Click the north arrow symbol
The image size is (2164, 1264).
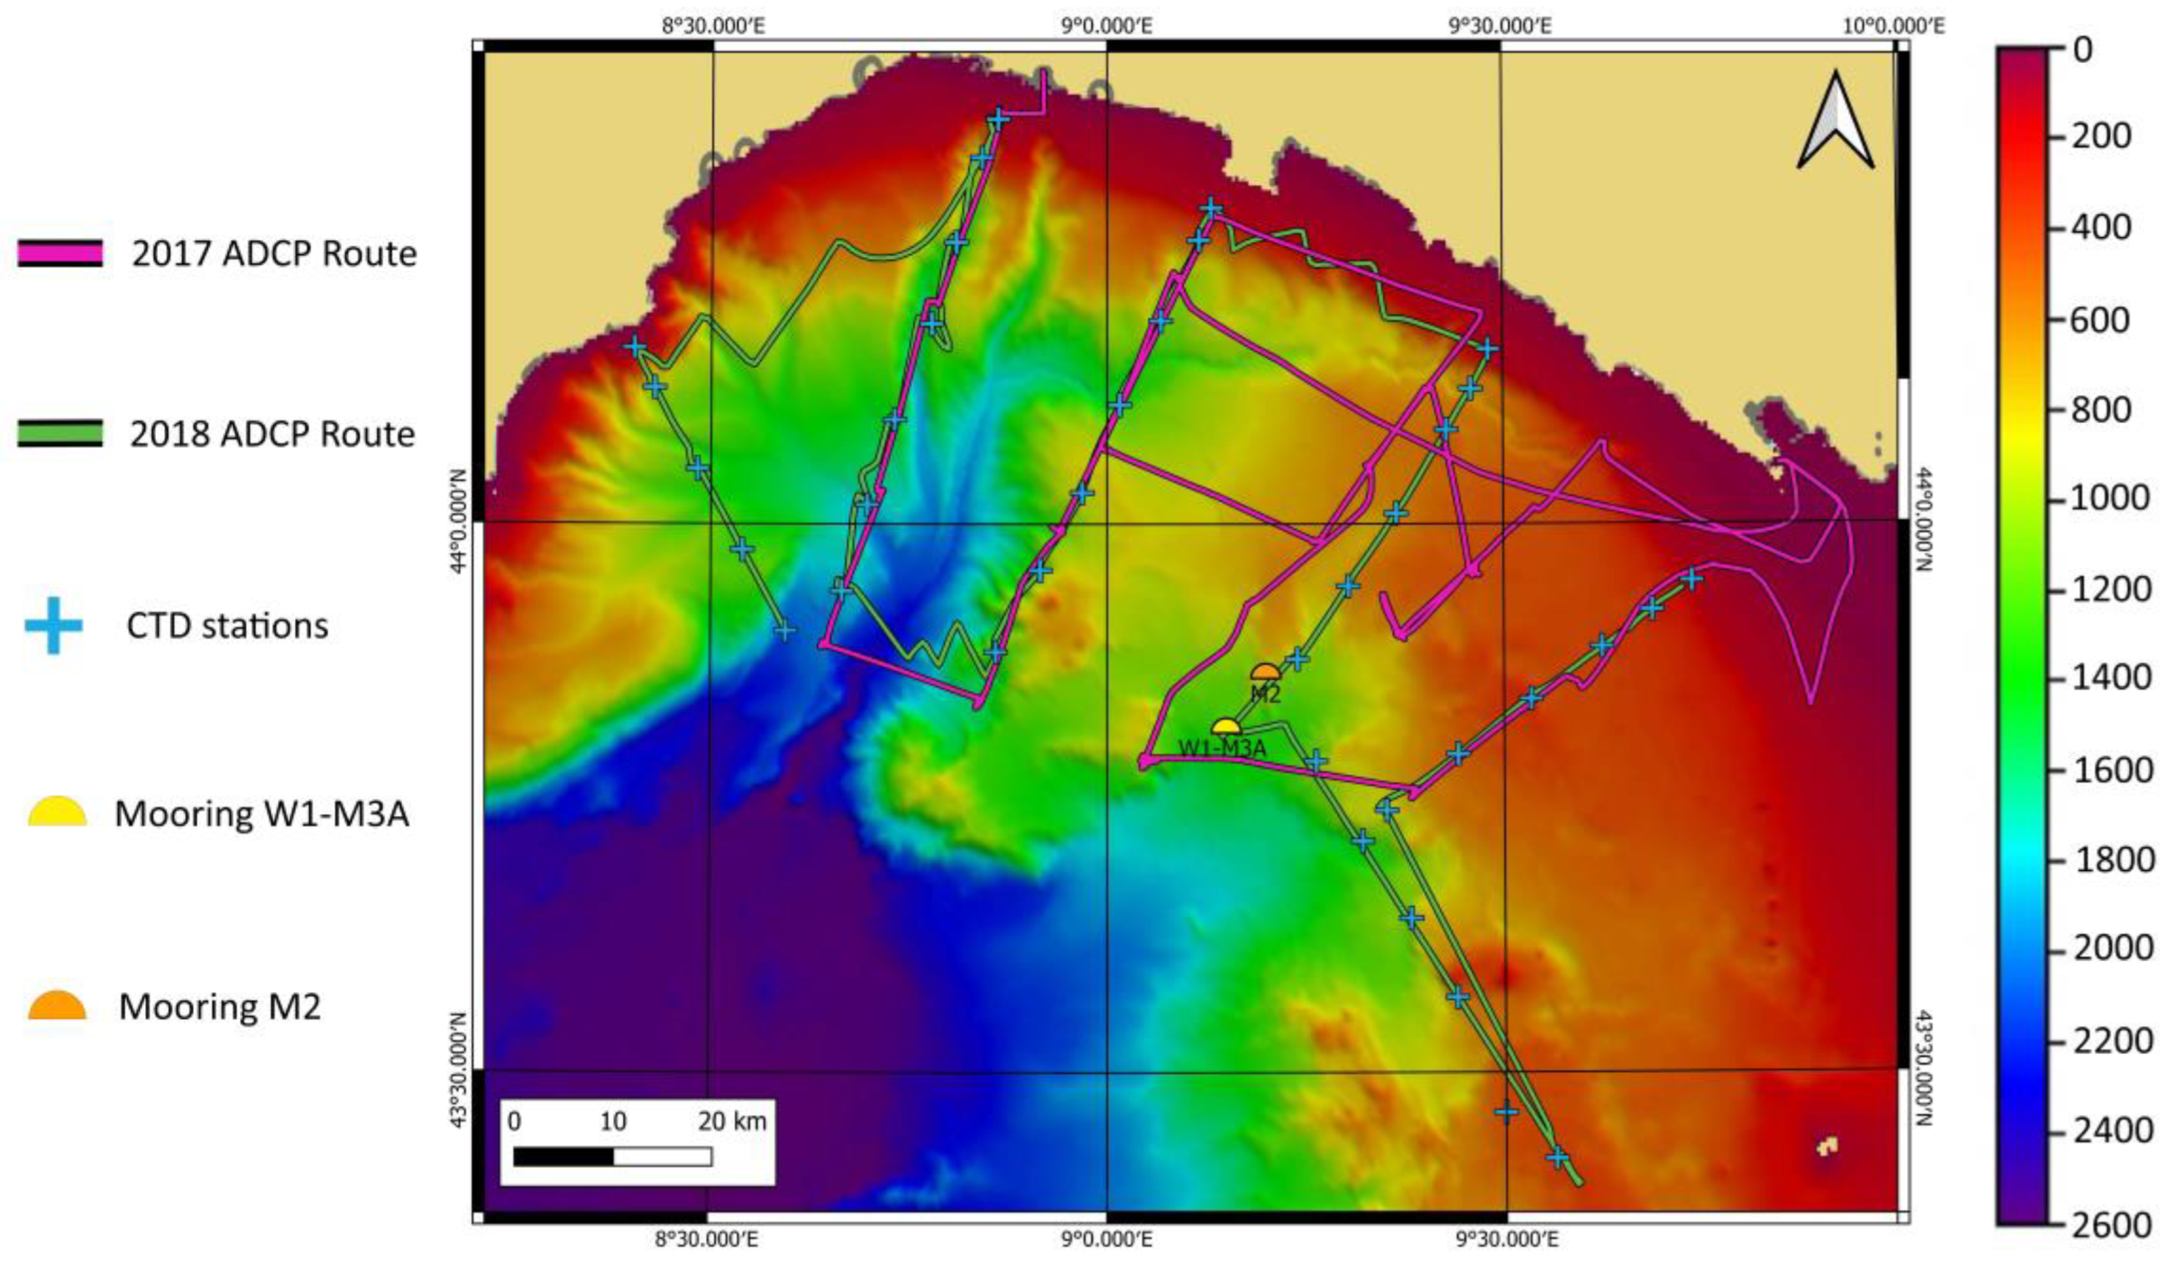point(1836,122)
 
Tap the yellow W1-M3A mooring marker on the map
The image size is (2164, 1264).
point(1225,727)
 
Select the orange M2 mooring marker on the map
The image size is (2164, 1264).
point(1265,673)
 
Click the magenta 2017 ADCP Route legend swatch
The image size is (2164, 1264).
point(60,253)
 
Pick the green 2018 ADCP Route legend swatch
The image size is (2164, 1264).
point(60,434)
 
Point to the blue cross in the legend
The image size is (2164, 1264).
point(53,625)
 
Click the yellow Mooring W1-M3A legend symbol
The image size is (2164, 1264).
point(57,812)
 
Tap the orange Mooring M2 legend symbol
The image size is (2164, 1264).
point(57,1005)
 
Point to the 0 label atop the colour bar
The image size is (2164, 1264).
point(2083,50)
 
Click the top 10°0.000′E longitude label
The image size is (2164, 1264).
point(1893,25)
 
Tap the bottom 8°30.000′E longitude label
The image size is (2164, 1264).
point(706,1240)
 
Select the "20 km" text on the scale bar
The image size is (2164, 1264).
point(731,1122)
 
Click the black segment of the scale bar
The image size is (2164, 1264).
point(564,1156)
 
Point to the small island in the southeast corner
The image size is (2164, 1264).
point(1828,1147)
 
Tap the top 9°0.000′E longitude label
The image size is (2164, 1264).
point(1106,25)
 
